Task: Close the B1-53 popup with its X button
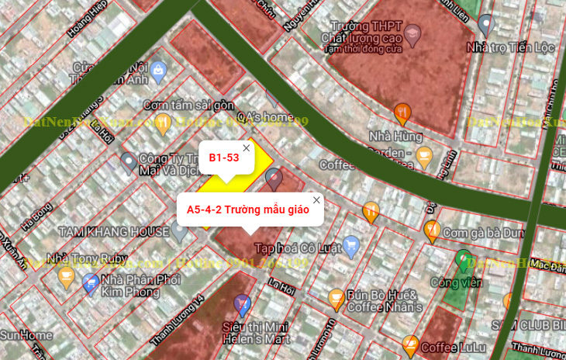pos(247,147)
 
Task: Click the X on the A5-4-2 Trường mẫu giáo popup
pos(316,200)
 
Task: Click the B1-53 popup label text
pos(223,158)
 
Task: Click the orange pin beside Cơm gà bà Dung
pos(432,230)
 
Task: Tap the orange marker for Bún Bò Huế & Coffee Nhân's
pos(336,297)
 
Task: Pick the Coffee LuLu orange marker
pos(411,345)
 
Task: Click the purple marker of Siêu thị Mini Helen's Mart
pos(242,303)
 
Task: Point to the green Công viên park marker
pos(464,258)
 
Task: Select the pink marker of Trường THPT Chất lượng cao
pos(412,33)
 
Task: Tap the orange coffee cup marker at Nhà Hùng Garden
pos(424,157)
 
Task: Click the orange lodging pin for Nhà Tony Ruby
pos(67,275)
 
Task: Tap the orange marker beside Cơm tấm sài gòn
pos(163,122)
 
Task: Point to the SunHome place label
pos(26,336)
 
